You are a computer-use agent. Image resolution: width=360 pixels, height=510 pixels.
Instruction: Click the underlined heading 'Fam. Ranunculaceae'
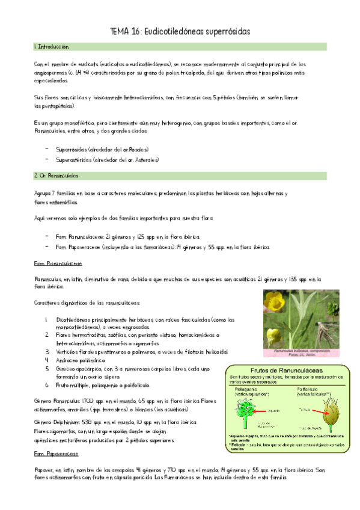coord(58,263)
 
